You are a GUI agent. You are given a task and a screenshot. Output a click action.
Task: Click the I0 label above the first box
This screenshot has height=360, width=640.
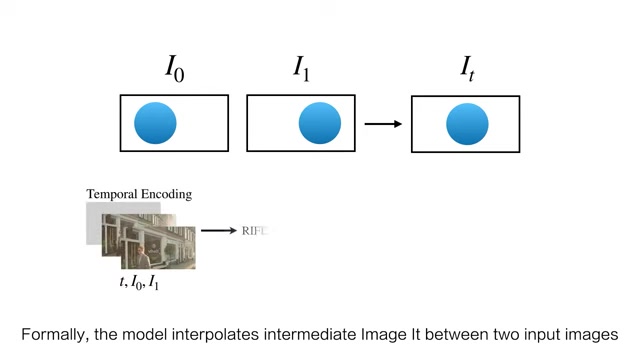(x=174, y=68)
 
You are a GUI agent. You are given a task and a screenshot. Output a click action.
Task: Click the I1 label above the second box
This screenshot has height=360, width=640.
(x=301, y=68)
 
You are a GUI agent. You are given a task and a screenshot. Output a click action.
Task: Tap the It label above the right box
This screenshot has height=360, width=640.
(x=466, y=68)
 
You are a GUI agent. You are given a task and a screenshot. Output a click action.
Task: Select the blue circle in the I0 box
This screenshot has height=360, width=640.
(x=155, y=123)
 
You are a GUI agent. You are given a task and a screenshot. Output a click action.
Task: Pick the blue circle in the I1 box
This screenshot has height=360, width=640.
(x=320, y=123)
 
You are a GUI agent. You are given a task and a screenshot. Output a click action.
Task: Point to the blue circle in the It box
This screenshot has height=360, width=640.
(x=467, y=124)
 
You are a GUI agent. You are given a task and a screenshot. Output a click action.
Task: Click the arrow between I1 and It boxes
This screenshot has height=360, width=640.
(x=383, y=124)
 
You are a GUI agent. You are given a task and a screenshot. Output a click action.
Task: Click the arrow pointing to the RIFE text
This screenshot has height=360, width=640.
(x=218, y=231)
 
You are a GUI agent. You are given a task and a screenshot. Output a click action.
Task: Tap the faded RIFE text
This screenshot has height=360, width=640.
(x=256, y=231)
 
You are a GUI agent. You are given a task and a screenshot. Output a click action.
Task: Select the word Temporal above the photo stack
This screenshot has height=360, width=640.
(x=110, y=194)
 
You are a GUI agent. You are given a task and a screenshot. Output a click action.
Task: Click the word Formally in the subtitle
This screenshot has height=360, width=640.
(x=54, y=335)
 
